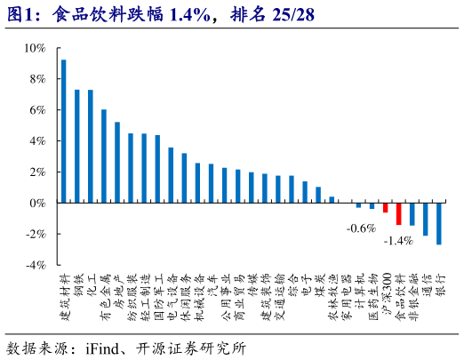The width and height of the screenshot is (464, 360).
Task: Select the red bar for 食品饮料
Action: [398, 213]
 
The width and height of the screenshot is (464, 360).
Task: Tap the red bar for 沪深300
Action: [385, 207]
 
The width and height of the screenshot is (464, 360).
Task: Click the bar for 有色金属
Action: [104, 156]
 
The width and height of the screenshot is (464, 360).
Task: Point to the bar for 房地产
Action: [117, 163]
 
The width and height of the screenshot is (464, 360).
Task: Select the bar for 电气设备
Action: [171, 175]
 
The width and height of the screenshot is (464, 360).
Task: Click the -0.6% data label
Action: [361, 228]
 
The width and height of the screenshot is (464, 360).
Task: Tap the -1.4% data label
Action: [397, 241]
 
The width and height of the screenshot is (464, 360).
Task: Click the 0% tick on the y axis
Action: [36, 203]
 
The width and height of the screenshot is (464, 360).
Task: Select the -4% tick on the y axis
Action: [35, 265]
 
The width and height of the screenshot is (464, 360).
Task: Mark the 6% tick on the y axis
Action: [36, 110]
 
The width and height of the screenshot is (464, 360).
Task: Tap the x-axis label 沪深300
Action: [386, 295]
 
